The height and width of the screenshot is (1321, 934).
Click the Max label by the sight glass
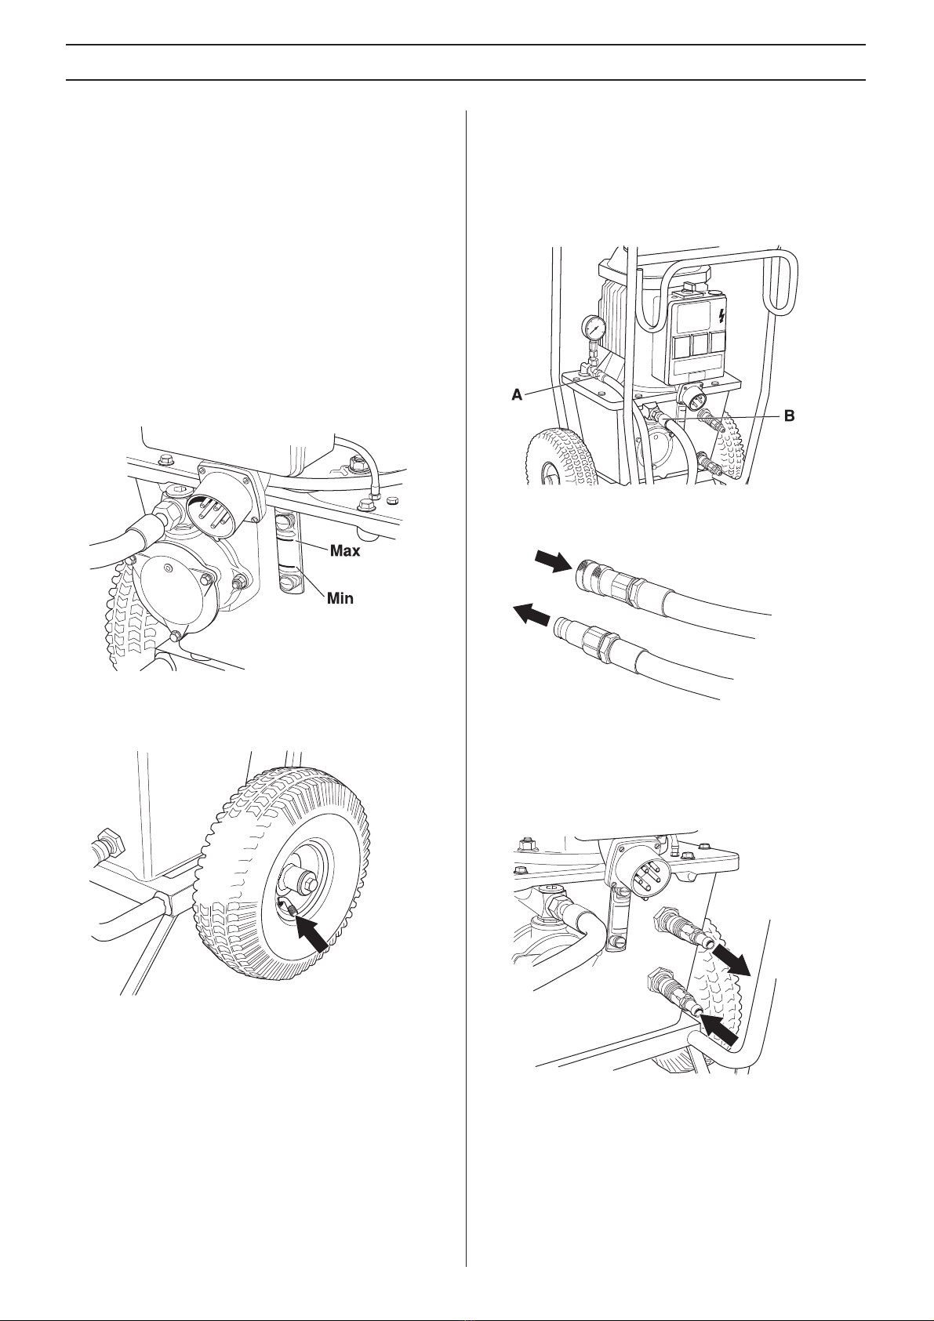tap(345, 551)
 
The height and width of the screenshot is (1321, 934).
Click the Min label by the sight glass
tap(340, 598)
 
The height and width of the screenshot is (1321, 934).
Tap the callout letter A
tap(517, 395)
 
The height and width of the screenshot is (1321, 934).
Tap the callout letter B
tap(789, 416)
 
